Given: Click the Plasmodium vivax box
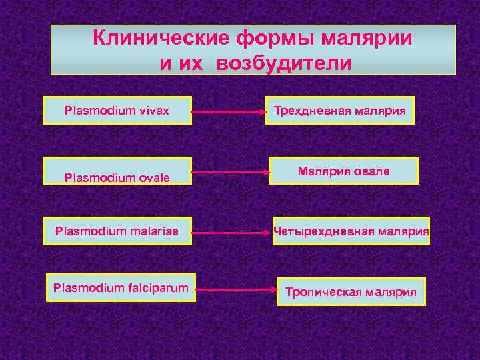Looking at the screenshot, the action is [x=117, y=110].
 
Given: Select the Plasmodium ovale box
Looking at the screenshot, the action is [x=117, y=171].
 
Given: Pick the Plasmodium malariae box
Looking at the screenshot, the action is [x=117, y=231].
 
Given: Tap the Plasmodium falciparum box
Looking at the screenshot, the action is [x=121, y=287].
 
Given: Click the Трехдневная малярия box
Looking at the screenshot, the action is [x=340, y=110].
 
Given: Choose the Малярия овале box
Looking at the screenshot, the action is [x=344, y=171].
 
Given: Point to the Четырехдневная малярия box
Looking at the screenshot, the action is [x=351, y=231].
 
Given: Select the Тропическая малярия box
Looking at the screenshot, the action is [x=351, y=292].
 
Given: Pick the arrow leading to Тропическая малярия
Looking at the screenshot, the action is [x=237, y=290].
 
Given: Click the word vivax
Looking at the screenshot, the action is [x=154, y=110].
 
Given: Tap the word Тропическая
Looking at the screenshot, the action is [x=323, y=292].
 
